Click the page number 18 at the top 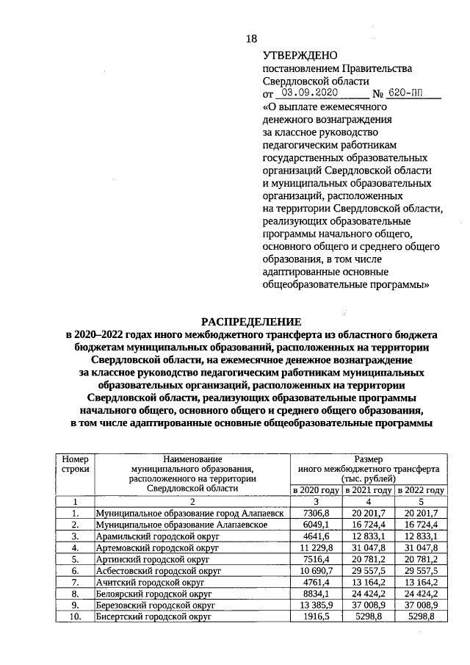pos(251,37)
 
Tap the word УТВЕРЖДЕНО pos(299,55)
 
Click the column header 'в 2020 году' pos(316,490)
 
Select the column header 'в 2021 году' pos(368,490)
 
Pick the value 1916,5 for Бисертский pos(318,617)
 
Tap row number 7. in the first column pos(75,583)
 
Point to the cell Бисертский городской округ pos(154,617)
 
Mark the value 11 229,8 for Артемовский pos(316,547)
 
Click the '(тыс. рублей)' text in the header pos(368,477)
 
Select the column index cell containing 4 pos(368,501)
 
